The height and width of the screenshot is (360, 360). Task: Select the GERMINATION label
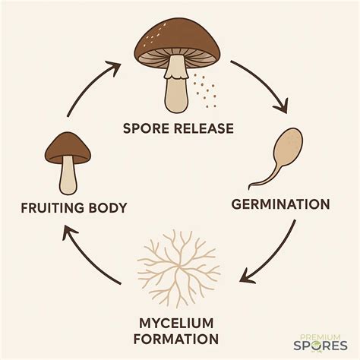pyautogui.click(x=279, y=204)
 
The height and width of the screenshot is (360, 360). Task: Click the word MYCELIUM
pyautogui.click(x=178, y=321)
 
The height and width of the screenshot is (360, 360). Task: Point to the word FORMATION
pyautogui.click(x=178, y=339)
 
